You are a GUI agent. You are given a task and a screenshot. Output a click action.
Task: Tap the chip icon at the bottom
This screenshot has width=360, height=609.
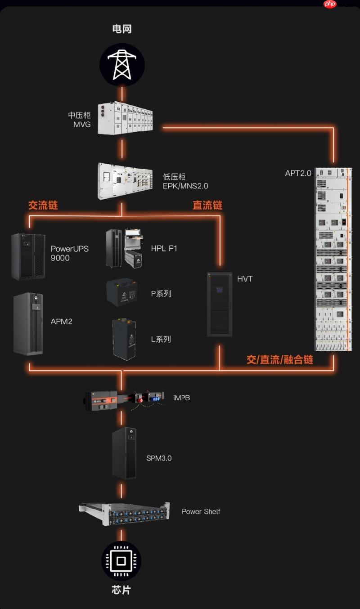coord(121,560)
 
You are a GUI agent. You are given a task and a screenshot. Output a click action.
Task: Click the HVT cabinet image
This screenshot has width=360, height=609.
coord(220,304)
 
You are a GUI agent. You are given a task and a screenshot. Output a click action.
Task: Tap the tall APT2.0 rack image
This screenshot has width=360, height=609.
coord(333,258)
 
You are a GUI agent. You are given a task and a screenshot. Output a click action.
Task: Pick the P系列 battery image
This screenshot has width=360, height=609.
coord(121,293)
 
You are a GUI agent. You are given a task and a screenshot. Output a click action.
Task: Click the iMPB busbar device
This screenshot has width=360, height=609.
coord(124,399)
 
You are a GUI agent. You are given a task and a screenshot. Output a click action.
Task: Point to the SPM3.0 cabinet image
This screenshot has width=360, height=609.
coord(125,452)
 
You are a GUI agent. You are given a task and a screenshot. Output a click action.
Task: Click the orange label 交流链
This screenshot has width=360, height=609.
coord(43,206)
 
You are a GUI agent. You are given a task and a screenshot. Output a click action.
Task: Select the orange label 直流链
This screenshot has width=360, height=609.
coord(207,206)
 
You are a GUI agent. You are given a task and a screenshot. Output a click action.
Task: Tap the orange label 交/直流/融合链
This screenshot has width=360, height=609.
coord(279,360)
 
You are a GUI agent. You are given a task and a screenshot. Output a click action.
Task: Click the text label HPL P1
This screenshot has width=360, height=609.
coord(164,248)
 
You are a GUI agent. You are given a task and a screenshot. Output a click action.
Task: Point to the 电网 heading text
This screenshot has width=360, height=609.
coord(121,30)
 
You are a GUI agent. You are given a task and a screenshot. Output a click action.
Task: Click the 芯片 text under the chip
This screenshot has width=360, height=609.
coord(121,590)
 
